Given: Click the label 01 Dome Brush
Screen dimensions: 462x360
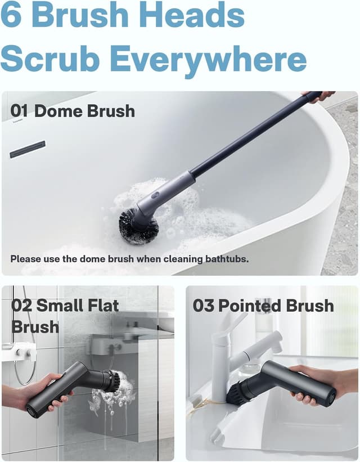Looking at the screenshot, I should [x=73, y=111].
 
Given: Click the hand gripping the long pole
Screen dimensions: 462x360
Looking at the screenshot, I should [x=318, y=96].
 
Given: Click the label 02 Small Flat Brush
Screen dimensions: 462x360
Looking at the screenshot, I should [x=65, y=316].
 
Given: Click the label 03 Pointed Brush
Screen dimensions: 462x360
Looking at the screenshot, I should [x=263, y=306].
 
